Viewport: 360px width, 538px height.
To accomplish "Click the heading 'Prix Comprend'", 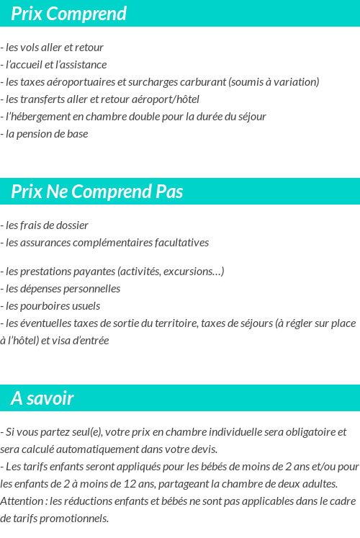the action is click(68, 14).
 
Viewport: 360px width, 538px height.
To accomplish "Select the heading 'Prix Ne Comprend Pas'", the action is click(97, 192).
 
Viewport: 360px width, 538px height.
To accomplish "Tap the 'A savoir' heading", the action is click(42, 398).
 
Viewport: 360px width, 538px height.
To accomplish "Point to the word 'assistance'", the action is click(82, 65).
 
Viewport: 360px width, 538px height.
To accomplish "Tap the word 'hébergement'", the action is click(38, 117).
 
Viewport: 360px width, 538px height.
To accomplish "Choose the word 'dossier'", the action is click(71, 225).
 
